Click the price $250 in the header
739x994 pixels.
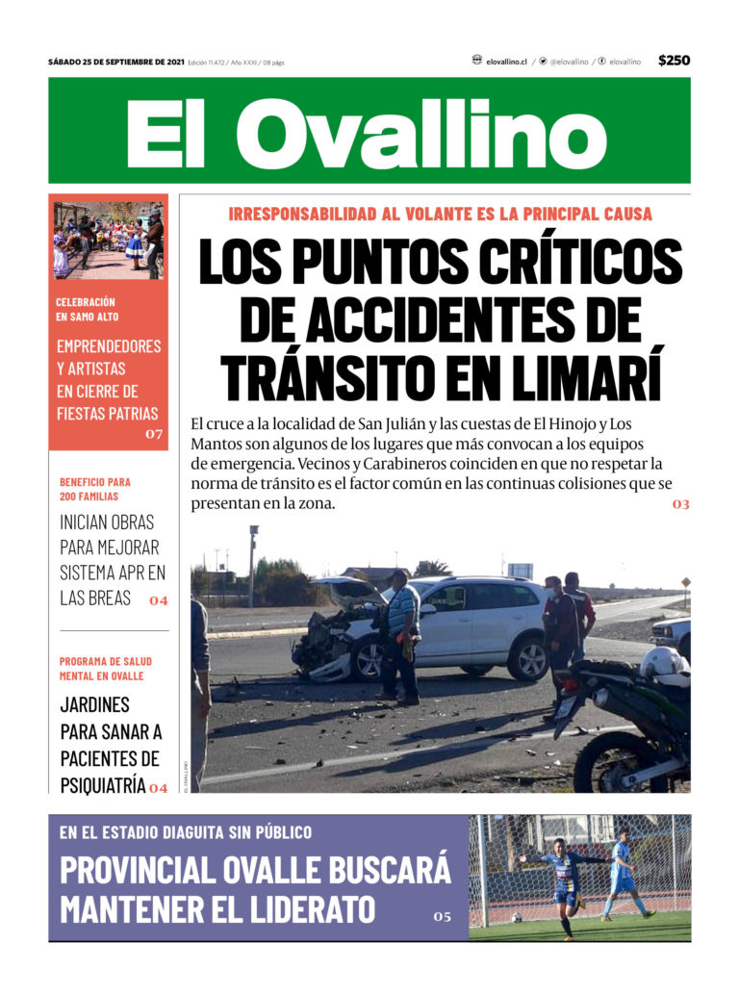click(x=674, y=61)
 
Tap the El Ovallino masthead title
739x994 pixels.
click(x=367, y=132)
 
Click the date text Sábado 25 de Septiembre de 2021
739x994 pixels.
click(x=115, y=62)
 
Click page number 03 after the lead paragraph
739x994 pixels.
click(x=680, y=504)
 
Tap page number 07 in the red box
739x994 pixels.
click(x=154, y=435)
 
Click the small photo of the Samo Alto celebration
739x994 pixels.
click(x=108, y=240)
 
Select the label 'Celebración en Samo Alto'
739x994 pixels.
click(x=88, y=309)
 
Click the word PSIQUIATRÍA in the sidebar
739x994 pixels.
click(x=102, y=785)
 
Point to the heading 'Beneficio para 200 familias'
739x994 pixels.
click(x=95, y=489)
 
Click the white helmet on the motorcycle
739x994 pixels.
click(x=663, y=663)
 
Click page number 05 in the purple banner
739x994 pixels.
click(x=441, y=917)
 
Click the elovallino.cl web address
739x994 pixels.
click(x=506, y=61)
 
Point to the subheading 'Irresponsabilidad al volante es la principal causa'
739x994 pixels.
click(x=440, y=214)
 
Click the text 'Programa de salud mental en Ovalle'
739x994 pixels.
click(x=105, y=669)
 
